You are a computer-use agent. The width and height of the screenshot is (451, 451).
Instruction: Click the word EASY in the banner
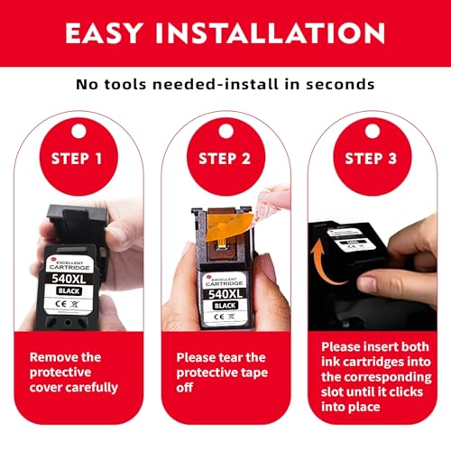tap(104, 33)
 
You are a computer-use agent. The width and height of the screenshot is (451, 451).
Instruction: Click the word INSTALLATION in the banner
tap(270, 33)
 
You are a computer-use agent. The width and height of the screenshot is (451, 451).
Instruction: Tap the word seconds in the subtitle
tap(340, 84)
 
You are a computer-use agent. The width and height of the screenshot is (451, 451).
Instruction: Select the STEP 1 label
tap(77, 159)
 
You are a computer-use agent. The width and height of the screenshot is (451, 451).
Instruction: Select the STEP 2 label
tap(225, 159)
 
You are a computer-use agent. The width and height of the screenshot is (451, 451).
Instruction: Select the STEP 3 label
tap(371, 159)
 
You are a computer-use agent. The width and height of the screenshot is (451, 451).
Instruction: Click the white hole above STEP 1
tap(79, 131)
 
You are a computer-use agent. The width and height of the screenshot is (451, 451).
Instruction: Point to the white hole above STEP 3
tap(373, 131)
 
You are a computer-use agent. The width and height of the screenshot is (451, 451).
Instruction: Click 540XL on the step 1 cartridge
tap(69, 279)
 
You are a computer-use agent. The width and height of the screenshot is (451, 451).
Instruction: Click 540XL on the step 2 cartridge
tap(225, 294)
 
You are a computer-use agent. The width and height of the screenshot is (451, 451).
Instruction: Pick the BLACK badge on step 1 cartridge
tap(69, 291)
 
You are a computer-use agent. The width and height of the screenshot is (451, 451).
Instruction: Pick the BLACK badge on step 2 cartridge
tap(225, 306)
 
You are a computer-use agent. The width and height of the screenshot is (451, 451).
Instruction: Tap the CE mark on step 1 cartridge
tap(60, 304)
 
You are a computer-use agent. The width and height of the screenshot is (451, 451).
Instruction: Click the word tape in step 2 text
tap(254, 373)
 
